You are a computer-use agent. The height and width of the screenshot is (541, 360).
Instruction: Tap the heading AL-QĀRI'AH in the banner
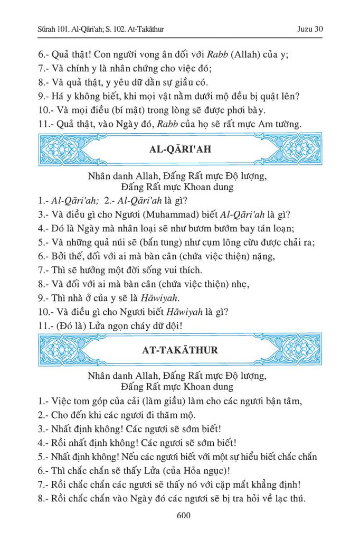point(181,150)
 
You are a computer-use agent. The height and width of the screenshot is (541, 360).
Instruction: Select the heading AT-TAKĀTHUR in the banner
point(180,350)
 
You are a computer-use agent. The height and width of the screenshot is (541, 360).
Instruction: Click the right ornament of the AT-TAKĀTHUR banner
point(295,350)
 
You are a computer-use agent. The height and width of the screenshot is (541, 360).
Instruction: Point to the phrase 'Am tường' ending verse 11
point(281,124)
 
